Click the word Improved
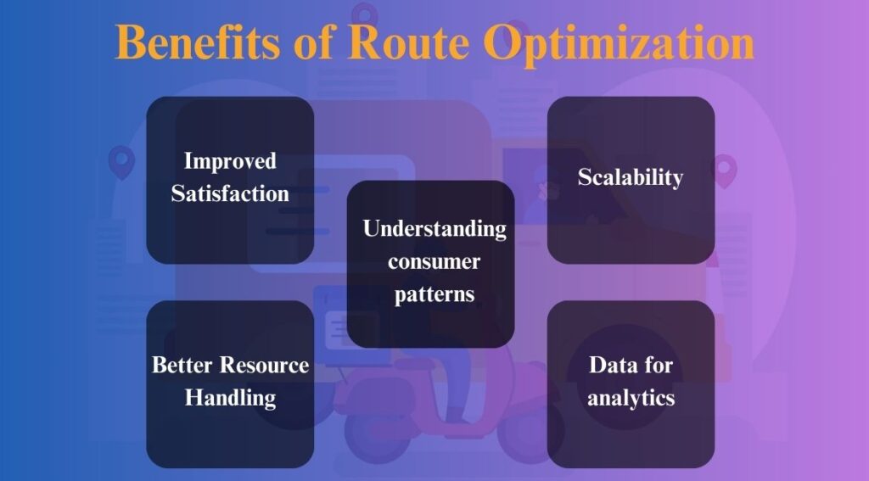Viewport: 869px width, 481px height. (x=230, y=161)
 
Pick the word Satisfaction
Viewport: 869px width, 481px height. (x=230, y=193)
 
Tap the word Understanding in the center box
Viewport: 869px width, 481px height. (x=434, y=228)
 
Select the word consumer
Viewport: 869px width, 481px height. (x=434, y=260)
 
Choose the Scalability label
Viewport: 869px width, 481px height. (x=631, y=177)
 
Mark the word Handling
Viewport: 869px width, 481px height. (x=230, y=398)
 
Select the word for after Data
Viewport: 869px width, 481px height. (x=658, y=366)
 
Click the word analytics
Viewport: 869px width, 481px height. (x=631, y=398)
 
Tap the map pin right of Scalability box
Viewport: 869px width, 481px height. (x=724, y=168)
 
